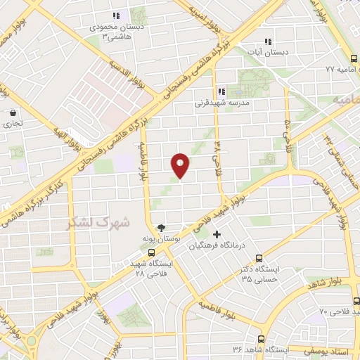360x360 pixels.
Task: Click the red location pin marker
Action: click(x=181, y=165)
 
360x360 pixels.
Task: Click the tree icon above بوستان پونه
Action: click(x=162, y=227)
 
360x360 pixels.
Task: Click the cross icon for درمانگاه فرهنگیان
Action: click(x=217, y=234)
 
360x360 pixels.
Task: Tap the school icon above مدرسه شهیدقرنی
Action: click(x=221, y=91)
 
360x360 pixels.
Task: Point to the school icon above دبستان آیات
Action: click(x=266, y=41)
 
